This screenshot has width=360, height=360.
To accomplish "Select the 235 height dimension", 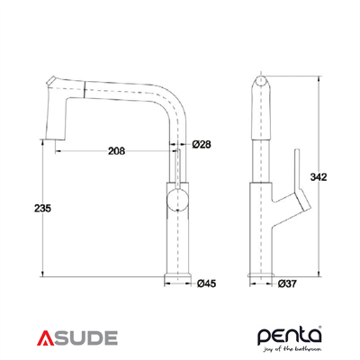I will click(40, 208).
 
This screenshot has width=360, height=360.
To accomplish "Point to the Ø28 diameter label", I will click(201, 144).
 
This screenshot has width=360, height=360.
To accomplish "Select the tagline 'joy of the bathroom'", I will click(294, 349).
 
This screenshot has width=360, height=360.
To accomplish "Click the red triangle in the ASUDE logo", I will click(47, 338).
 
